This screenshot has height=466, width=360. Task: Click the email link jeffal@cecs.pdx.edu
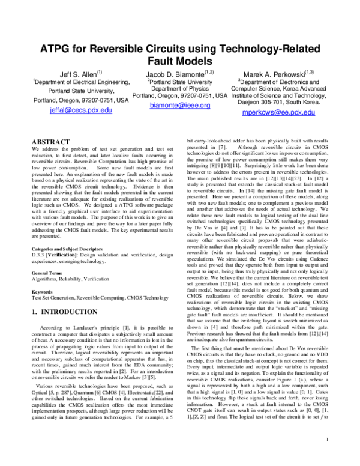click(81, 110)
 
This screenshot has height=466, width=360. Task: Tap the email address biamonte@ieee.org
click(179, 105)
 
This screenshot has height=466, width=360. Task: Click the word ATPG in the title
click(58, 48)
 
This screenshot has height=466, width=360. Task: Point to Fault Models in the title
click(179, 61)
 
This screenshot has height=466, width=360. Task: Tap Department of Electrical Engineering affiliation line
click(81, 82)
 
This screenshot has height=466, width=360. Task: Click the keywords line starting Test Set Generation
click(91, 297)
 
